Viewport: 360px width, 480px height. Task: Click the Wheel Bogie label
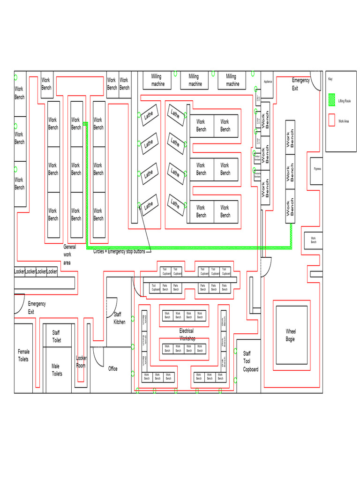point(291,335)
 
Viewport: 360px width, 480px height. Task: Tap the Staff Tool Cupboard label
point(250,361)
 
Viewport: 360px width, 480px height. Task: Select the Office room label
point(113,369)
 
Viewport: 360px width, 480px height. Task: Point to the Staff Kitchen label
point(119,318)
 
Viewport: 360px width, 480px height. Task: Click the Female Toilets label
point(23,355)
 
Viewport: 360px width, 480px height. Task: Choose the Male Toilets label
point(57,370)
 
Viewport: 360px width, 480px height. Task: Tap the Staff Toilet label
point(56,337)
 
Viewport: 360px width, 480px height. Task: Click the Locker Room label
point(81,362)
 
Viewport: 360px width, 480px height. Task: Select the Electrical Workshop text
point(186,334)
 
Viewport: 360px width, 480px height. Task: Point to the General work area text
point(69,255)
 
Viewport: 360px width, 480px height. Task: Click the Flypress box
point(317,169)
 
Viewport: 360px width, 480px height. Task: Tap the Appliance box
point(267,82)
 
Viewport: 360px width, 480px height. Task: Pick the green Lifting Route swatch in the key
point(332,100)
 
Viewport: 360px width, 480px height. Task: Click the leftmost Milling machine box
point(158,80)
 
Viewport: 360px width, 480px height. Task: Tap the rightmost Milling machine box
point(232,80)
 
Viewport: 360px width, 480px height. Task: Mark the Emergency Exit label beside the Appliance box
point(300,84)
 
